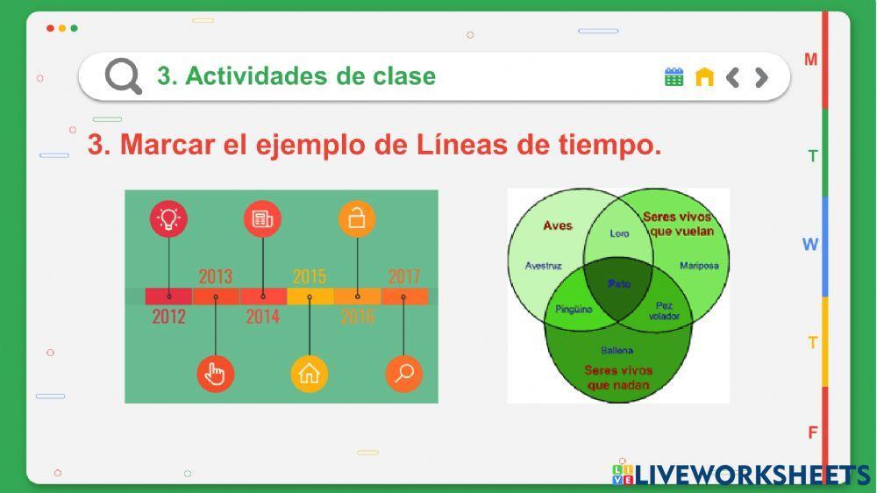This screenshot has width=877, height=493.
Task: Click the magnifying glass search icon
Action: pos(124,76)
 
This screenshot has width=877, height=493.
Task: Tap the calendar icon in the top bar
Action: pos(674,77)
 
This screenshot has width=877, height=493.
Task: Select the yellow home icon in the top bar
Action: pos(704,77)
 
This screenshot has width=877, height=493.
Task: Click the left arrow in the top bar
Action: pos(733,77)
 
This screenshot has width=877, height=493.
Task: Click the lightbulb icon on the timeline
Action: pos(168,218)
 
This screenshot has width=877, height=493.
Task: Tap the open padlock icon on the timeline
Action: pos(357,218)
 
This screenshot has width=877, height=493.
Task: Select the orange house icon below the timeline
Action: pos(309,374)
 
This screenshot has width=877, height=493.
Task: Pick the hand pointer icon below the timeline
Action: pos(215,374)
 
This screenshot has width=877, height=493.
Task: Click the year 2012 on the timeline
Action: pos(168,316)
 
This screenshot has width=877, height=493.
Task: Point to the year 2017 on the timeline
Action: pos(403,277)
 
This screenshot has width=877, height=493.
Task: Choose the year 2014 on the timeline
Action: pos(262,316)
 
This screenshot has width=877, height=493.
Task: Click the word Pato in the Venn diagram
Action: pos(619,284)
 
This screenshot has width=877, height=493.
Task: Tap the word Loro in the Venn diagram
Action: pos(619,233)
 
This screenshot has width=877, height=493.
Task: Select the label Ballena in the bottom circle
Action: pos(617,350)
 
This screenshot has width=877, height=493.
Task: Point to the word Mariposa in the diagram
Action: pos(699,265)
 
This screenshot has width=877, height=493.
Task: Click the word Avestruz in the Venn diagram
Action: pos(543,265)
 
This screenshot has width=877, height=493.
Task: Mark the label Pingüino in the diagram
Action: pos(574,309)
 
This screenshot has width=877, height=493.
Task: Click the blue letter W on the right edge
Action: pos(810,245)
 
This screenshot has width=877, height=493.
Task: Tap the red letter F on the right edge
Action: pos(813,432)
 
